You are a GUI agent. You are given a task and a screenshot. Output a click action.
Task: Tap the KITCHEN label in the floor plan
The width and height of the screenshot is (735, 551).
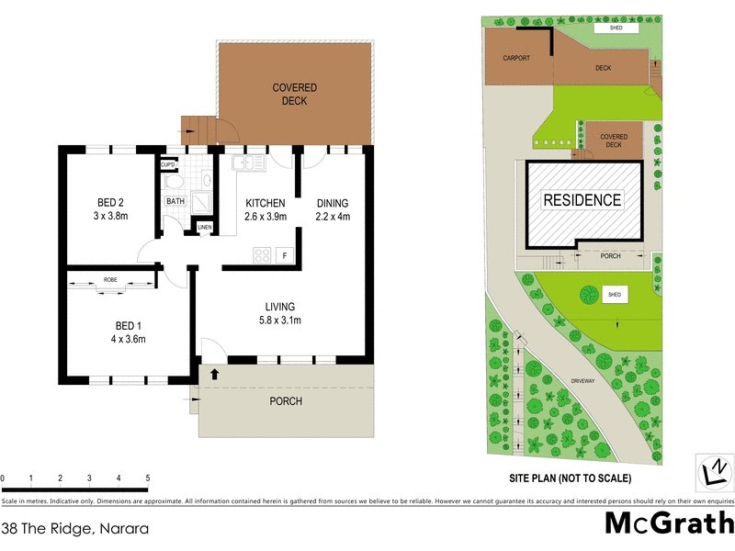click(x=266, y=203)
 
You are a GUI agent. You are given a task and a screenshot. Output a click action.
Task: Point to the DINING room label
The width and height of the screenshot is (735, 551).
click(x=333, y=203)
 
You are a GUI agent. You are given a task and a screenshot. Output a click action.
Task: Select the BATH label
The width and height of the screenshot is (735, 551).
click(x=175, y=201)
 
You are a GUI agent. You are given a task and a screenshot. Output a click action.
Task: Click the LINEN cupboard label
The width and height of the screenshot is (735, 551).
click(x=204, y=227)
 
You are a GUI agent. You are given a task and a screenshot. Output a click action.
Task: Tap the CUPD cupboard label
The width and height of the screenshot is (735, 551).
click(x=168, y=165)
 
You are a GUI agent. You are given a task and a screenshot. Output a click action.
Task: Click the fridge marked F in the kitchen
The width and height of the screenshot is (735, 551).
click(x=285, y=254)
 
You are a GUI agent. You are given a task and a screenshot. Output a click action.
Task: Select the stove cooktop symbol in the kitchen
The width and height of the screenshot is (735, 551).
click(x=260, y=255)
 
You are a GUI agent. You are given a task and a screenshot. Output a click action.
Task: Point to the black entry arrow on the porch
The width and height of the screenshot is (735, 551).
click(x=215, y=373)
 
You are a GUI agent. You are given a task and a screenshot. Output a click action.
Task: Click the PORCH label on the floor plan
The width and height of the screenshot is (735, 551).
click(x=286, y=401)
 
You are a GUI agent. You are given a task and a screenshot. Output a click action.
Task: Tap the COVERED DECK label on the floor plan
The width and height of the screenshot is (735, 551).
click(x=295, y=95)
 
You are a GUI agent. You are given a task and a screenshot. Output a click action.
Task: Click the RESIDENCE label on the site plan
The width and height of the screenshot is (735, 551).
click(x=582, y=199)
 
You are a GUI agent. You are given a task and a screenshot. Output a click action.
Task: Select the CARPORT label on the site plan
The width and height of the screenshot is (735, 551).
click(x=516, y=57)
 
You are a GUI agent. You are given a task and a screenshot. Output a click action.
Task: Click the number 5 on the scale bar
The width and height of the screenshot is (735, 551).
click(x=148, y=478)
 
